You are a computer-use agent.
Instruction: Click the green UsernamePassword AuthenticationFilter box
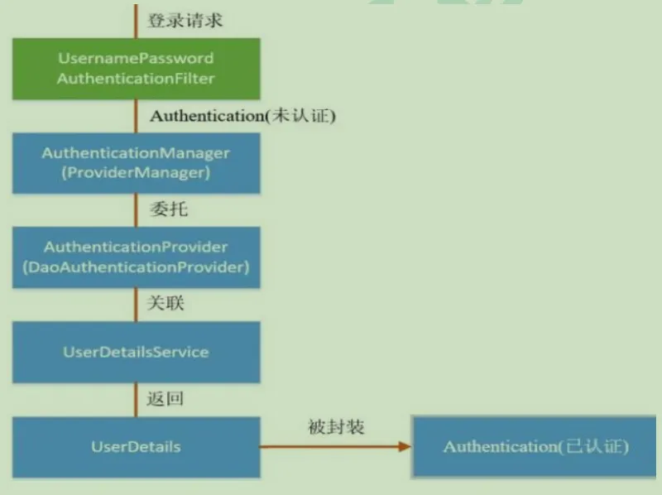click(x=137, y=69)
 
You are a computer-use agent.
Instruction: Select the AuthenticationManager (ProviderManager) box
click(x=137, y=163)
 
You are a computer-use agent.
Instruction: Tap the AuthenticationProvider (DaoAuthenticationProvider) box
click(x=137, y=257)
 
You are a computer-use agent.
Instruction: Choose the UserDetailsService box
click(x=137, y=352)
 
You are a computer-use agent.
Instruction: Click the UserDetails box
click(x=137, y=447)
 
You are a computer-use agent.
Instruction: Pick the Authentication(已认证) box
click(x=534, y=447)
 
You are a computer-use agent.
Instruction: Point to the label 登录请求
click(x=185, y=20)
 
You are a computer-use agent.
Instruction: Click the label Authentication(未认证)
click(x=242, y=116)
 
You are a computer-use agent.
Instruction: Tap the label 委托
click(x=169, y=209)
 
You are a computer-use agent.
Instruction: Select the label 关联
click(x=165, y=303)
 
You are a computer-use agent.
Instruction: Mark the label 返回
click(x=165, y=398)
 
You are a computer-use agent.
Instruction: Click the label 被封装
click(x=336, y=427)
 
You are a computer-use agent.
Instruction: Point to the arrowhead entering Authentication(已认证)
click(x=405, y=446)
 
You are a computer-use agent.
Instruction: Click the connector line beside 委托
click(x=136, y=210)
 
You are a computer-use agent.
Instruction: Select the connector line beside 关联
click(x=136, y=305)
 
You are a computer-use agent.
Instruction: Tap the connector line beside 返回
click(x=136, y=400)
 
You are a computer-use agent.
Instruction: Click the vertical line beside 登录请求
click(x=136, y=22)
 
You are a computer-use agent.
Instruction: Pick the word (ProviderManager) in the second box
click(x=136, y=173)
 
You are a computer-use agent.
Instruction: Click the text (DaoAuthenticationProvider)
click(x=136, y=267)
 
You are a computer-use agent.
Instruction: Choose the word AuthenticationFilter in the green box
click(x=136, y=79)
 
